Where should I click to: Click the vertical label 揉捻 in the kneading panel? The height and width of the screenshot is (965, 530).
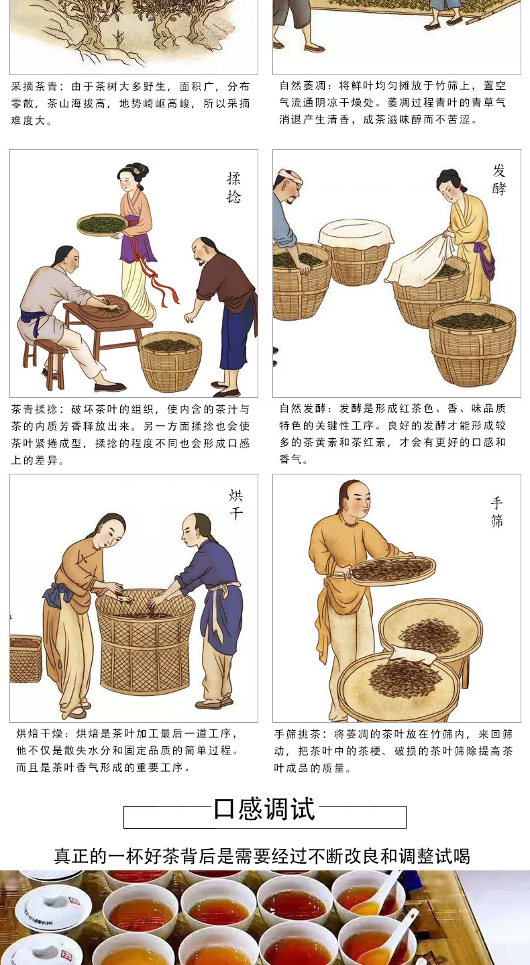click(233, 188)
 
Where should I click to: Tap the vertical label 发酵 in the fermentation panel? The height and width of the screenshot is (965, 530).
click(499, 180)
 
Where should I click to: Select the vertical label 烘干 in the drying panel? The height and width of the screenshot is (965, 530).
click(236, 505)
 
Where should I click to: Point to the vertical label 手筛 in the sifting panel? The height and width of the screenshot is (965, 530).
click(496, 512)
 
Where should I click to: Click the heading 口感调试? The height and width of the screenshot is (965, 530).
click(264, 809)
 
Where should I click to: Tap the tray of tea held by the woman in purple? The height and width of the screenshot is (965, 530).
click(102, 224)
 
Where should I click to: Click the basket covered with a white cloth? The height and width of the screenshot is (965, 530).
click(355, 252)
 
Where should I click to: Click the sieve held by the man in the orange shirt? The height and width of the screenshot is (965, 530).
click(392, 570)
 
